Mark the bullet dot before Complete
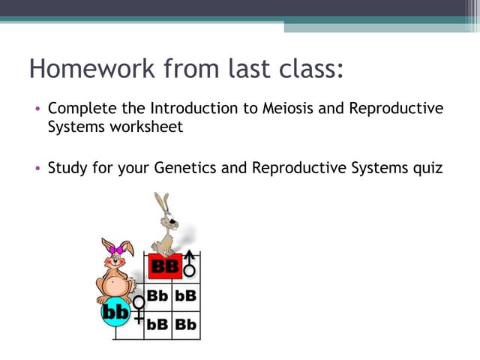(x=37, y=109)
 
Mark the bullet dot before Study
(x=37, y=168)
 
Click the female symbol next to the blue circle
(x=138, y=308)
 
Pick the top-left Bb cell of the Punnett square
(x=157, y=295)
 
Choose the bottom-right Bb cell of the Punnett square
(x=186, y=325)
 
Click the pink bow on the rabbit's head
(x=117, y=250)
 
